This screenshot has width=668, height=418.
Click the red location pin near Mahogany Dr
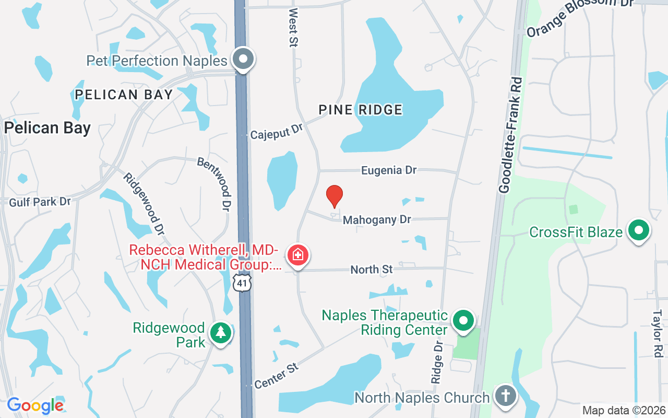[x=335, y=196]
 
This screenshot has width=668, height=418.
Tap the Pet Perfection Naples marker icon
[x=243, y=59]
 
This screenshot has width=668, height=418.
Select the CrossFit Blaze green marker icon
[x=638, y=230]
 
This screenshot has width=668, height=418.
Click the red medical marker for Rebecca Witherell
[x=298, y=256]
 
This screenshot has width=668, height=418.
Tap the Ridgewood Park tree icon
[x=221, y=333]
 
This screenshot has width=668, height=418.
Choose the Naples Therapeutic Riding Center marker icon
[x=463, y=321]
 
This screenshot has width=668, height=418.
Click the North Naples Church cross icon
[x=505, y=396]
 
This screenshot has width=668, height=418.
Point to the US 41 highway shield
[x=243, y=283]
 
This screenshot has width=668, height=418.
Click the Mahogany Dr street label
[x=377, y=220]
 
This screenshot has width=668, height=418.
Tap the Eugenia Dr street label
[x=389, y=170]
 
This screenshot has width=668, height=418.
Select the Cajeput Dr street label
[x=277, y=131]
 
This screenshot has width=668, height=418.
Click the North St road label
[x=371, y=270]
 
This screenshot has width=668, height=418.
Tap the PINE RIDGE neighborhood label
[x=361, y=110]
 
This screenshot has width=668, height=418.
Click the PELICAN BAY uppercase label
[x=124, y=95]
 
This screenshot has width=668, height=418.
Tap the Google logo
[x=35, y=405]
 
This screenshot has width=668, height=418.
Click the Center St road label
[x=277, y=376]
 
